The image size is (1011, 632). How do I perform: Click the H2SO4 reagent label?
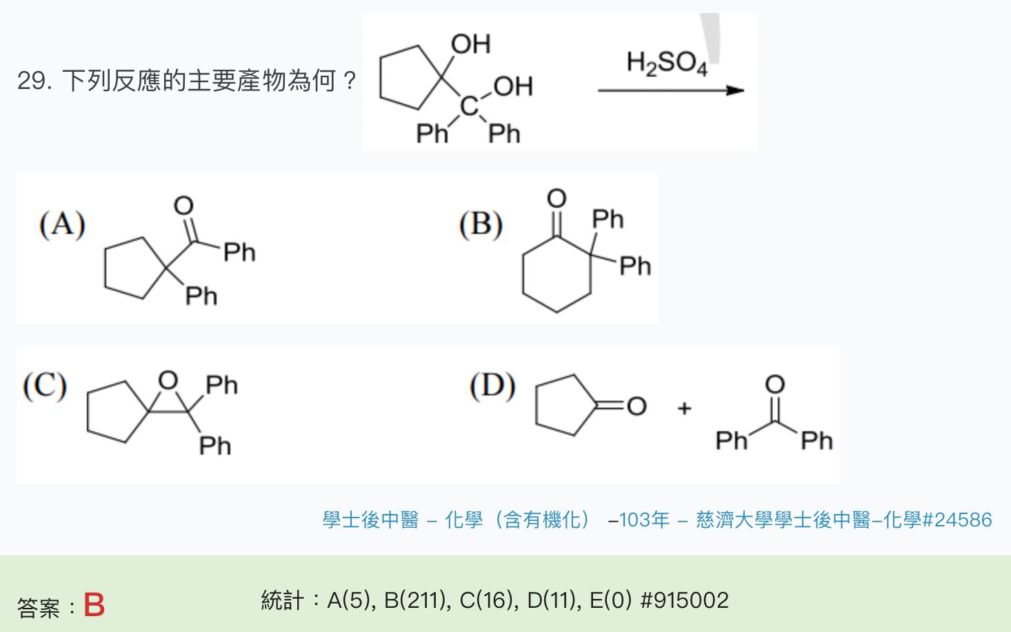pos(666,63)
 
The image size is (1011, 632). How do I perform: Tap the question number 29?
pos(34,81)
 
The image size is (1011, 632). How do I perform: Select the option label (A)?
pos(62,225)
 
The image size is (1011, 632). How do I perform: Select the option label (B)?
pos(481,225)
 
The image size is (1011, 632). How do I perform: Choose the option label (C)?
pos(45,386)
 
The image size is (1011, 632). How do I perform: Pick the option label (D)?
pos(492,386)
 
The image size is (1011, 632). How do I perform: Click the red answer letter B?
pos(94,606)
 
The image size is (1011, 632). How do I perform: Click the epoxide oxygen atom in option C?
pos(168,380)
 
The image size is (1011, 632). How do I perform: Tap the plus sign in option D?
pos(684,408)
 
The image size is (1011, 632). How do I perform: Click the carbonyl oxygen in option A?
pos(183,206)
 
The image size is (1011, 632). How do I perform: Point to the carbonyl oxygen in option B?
pos(556,199)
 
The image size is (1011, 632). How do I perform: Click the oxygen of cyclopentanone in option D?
pos(637,406)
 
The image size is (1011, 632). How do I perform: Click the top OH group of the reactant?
pos(470,44)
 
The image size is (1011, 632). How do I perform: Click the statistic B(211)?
pos(417,600)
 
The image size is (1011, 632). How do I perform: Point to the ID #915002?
pos(684,600)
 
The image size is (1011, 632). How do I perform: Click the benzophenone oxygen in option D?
pos(774,384)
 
